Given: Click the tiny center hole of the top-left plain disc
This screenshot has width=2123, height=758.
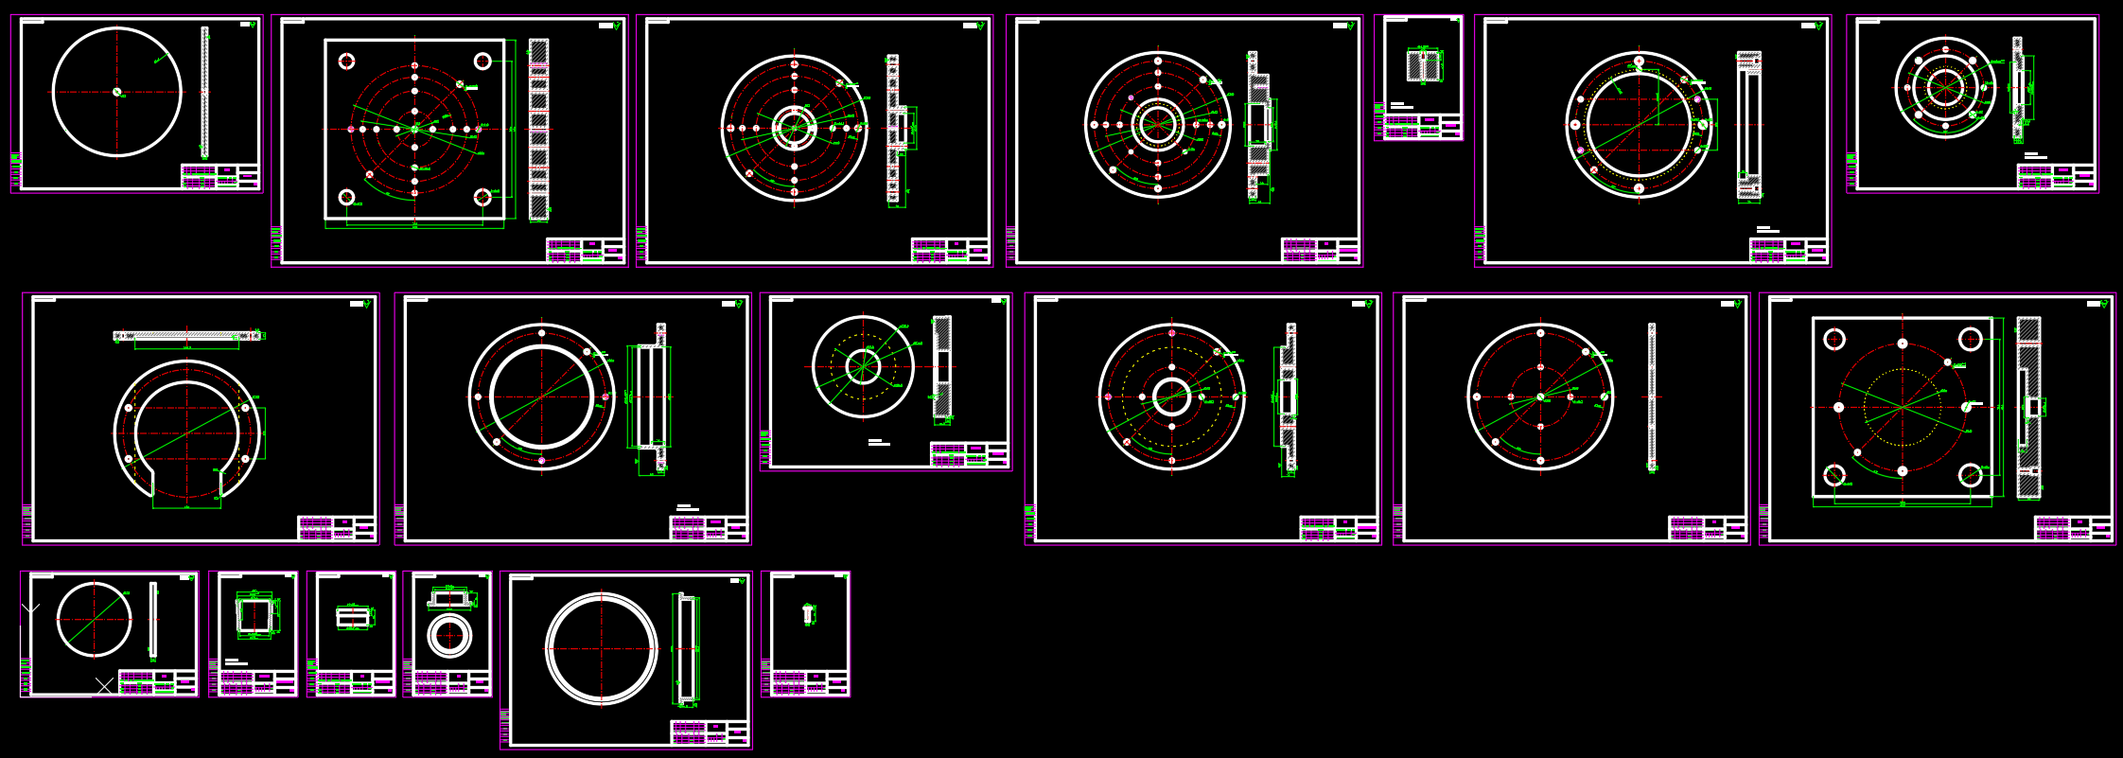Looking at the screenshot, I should [117, 92].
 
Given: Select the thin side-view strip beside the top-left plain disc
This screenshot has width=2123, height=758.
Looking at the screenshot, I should [204, 92].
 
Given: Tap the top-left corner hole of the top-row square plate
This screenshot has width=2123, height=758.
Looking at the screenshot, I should [346, 62].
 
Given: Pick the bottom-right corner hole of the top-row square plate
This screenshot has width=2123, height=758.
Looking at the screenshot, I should [482, 197].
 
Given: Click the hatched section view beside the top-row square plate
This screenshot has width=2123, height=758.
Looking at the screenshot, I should [538, 129].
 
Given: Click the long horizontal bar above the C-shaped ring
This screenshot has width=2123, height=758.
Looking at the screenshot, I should [186, 335].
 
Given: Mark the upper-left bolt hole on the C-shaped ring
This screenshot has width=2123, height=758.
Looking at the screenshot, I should [129, 408].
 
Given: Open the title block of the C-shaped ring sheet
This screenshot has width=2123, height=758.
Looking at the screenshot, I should [337, 527].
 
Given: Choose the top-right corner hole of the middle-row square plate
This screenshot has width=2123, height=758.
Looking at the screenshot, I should [1970, 339].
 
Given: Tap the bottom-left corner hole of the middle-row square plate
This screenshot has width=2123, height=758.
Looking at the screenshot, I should [1834, 474].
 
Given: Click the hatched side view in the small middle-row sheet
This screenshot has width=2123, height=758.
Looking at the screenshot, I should [942, 365].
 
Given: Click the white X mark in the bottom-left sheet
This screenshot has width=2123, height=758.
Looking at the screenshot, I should [104, 684].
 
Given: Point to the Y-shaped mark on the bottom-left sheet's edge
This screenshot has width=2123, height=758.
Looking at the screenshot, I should [30, 608].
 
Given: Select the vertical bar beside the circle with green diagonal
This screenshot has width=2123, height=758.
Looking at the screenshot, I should [152, 620].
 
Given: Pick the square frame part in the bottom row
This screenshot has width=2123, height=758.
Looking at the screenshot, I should [254, 616].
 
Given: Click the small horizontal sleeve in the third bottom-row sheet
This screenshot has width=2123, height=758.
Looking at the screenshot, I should [352, 617].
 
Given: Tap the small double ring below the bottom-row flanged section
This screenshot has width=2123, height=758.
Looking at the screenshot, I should [449, 635].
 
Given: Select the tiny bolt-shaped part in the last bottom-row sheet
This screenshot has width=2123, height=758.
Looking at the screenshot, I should [807, 613].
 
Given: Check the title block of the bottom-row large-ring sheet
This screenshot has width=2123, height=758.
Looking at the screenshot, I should [710, 732].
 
